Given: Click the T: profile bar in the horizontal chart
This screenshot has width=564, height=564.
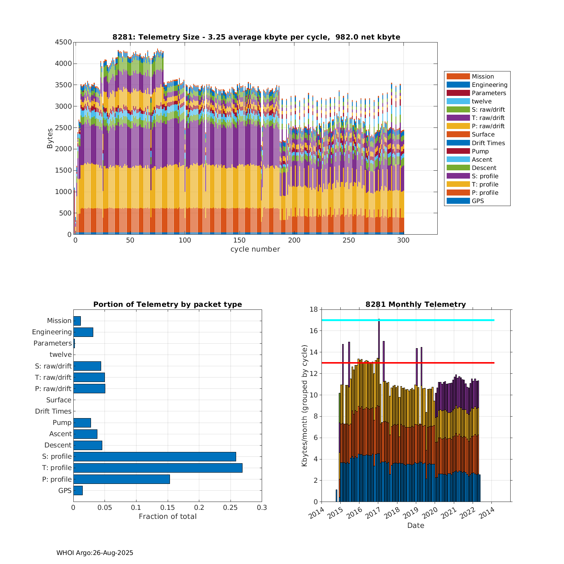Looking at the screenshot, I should point(158,468).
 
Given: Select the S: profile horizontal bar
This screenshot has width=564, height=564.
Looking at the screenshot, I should point(155,456).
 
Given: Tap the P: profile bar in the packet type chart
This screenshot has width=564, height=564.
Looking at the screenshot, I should point(121,479).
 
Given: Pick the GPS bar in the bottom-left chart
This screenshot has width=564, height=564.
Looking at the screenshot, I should point(78,490).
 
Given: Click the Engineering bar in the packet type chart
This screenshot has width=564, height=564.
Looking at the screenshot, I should point(83,332).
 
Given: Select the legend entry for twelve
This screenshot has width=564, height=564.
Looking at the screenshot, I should point(482,101).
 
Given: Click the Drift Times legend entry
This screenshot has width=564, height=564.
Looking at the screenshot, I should point(488,143).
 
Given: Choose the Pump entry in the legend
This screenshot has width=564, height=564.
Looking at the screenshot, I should point(480,151).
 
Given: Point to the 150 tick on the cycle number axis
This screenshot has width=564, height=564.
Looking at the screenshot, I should point(240,240).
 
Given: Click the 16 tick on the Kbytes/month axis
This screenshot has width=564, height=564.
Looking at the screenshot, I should point(313,331).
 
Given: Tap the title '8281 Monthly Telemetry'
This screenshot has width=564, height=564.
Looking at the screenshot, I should point(415,304).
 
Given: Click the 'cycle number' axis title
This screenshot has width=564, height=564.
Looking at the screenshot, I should point(255,249).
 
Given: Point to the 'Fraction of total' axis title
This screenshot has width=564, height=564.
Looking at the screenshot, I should point(168,517).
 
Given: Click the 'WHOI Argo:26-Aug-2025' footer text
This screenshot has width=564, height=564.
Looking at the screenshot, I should point(95,553).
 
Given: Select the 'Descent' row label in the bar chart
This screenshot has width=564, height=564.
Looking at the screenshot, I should point(58,445).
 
